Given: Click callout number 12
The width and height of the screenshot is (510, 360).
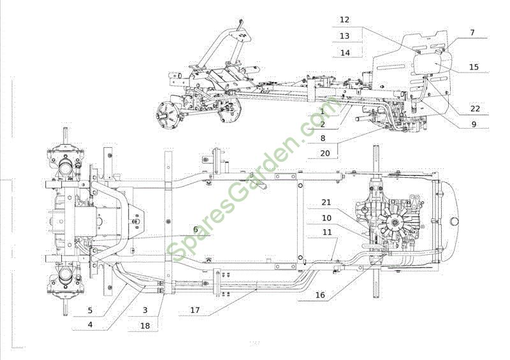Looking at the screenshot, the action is click(x=344, y=20).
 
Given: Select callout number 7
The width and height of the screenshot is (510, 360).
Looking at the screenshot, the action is click(x=472, y=32).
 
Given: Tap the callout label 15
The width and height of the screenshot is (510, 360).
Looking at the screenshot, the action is click(x=474, y=67).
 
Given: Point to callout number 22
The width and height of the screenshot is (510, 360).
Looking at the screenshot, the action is click(x=475, y=108).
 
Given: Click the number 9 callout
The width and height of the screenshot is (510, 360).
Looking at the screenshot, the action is click(x=474, y=124).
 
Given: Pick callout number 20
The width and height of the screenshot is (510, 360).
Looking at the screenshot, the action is click(x=325, y=153).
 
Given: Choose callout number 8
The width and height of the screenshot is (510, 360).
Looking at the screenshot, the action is click(x=323, y=138).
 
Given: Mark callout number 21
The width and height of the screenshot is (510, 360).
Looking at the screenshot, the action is click(x=326, y=202).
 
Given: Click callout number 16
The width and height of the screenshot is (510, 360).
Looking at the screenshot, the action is click(x=320, y=295).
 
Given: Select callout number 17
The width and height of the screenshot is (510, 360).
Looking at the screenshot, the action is click(x=195, y=310).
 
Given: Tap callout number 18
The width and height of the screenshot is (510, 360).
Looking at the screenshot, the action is click(x=145, y=325).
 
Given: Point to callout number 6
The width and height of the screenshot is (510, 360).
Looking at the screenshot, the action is click(x=196, y=229).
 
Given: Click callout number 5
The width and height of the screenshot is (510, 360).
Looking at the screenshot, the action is click(x=90, y=310).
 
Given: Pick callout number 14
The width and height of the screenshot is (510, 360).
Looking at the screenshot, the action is click(x=345, y=52).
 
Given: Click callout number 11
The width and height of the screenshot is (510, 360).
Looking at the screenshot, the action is click(x=327, y=232).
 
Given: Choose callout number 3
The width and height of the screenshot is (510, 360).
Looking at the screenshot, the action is click(x=145, y=310).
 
